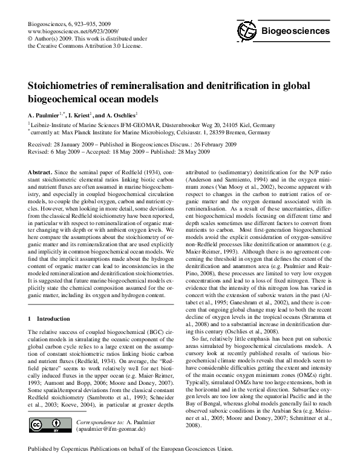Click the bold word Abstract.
coord(41,172)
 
